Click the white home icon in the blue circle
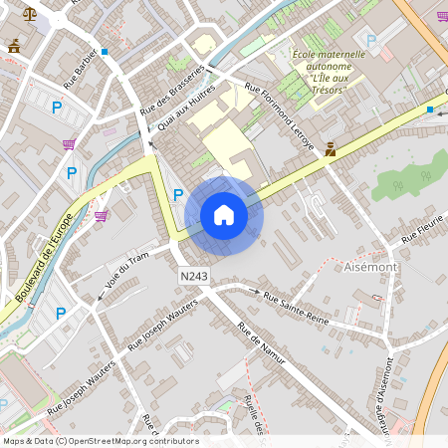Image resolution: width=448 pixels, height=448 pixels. coord(224,215)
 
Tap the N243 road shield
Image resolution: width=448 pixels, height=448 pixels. coord(194,274)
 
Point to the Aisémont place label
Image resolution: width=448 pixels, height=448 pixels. coord(369,268)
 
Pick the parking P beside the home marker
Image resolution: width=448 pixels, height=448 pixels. coord(178,195)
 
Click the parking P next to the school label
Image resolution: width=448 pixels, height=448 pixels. coord(371,41)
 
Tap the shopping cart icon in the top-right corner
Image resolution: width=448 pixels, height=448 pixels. coord(442,16)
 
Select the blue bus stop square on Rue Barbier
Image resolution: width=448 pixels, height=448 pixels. coord(105,51)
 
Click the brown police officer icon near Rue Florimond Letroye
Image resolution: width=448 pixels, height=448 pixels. coord(330,150)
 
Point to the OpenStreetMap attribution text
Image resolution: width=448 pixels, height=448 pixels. coord(101,441)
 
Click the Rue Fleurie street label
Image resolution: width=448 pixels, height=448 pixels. coord(421,231)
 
